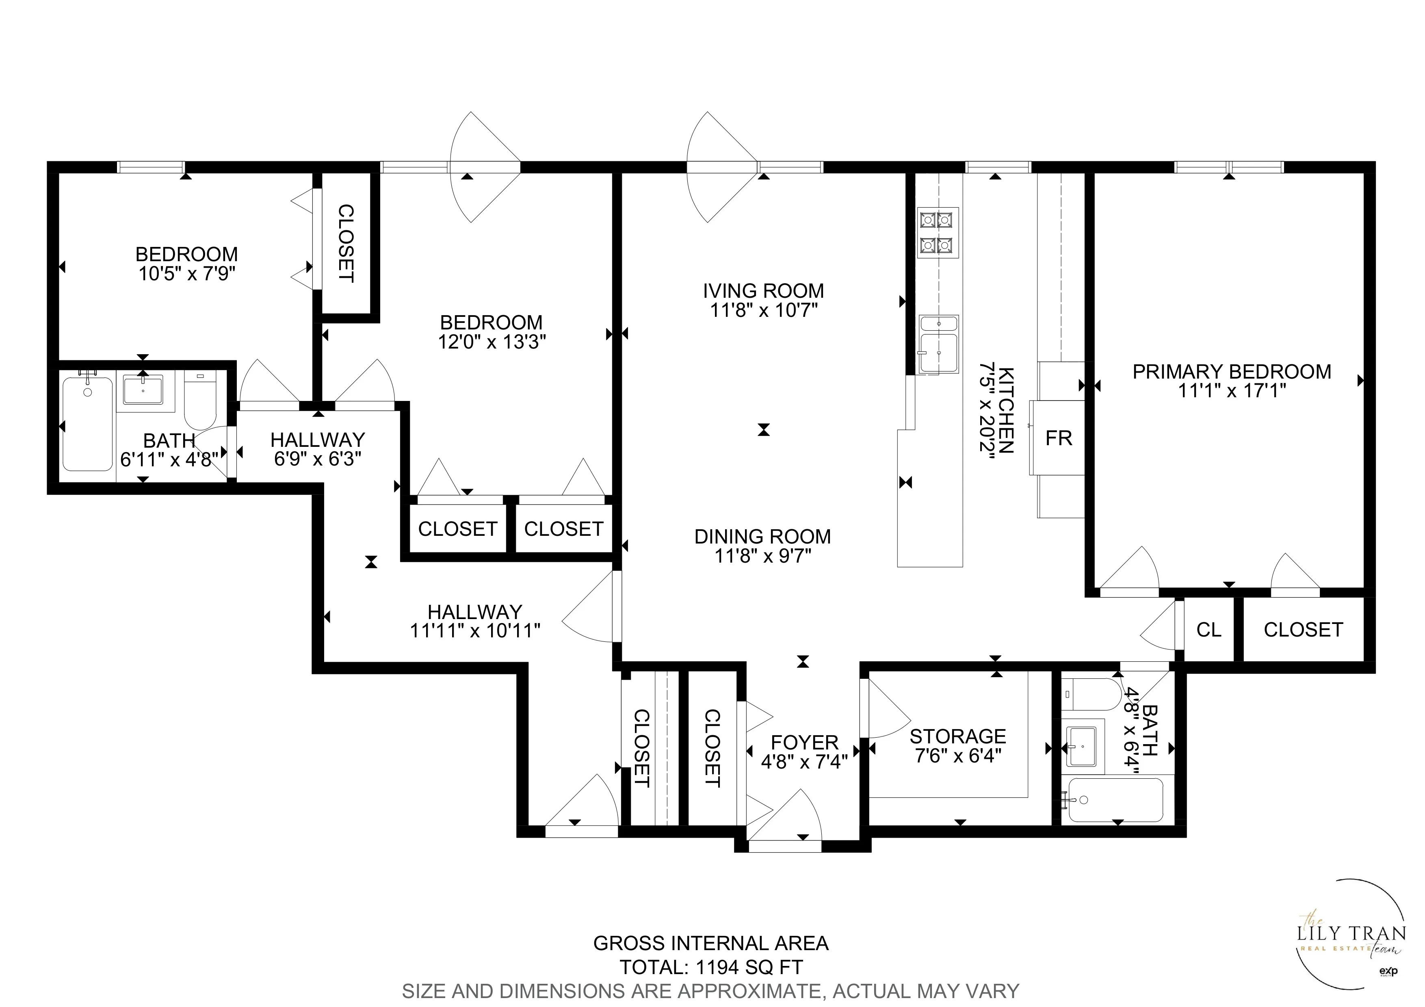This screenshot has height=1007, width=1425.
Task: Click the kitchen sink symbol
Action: [938, 344]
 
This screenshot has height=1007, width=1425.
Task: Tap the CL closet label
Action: [1208, 630]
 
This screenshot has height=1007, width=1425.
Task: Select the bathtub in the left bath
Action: [87, 423]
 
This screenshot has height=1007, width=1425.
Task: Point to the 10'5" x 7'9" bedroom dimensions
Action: [187, 274]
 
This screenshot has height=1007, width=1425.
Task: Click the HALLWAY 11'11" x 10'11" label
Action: [475, 621]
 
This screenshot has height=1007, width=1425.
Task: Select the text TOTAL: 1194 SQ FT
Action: [711, 967]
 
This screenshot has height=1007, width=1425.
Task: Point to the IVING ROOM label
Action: [763, 291]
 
